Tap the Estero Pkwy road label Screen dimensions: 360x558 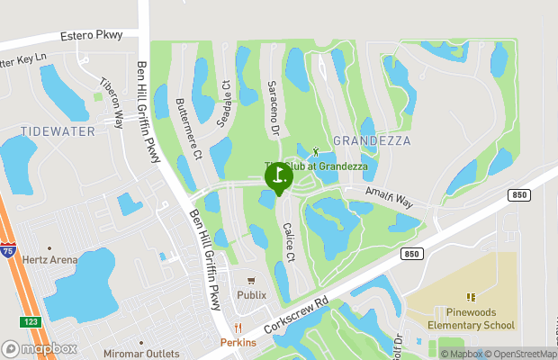coord(92,37)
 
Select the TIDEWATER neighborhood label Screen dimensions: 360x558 coord(57,131)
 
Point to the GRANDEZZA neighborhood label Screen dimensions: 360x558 coord(372,141)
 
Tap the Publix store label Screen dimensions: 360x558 coord(252,294)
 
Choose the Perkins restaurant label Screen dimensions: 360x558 coord(238,342)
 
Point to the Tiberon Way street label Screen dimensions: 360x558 coord(111,102)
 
